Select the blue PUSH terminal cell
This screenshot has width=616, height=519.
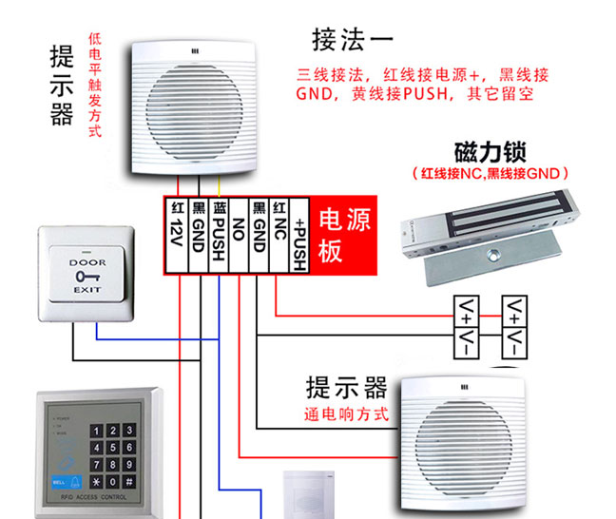218,236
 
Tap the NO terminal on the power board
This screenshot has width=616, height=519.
239,236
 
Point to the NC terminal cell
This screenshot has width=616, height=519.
279,236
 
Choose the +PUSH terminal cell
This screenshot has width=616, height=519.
299,236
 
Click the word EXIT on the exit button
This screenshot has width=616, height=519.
87,287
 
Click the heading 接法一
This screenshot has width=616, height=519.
352,40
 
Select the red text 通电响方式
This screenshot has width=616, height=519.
347,415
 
